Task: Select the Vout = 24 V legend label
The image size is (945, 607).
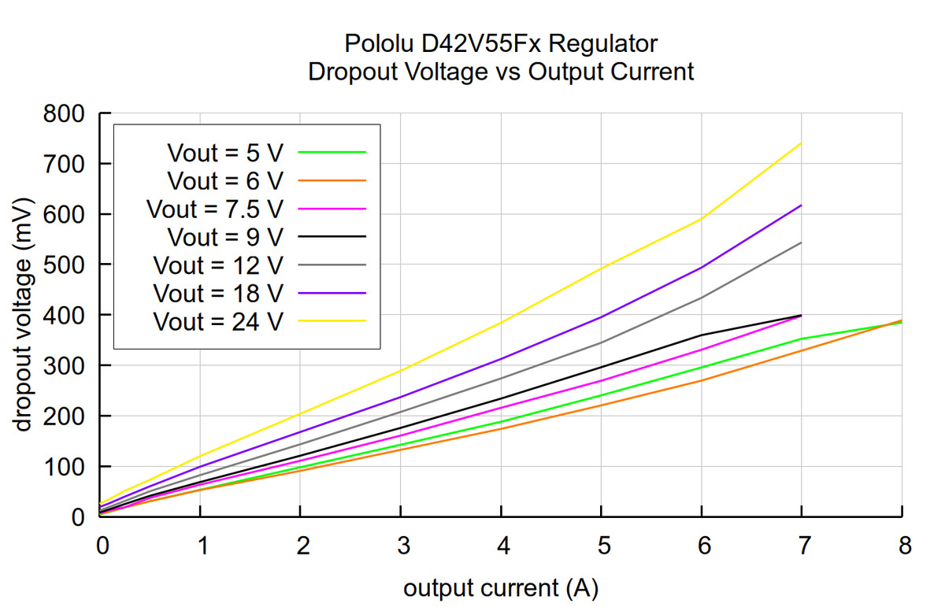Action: tap(217, 321)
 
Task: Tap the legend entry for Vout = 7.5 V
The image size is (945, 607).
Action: tap(214, 209)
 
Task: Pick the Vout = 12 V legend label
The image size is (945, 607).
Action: tap(217, 265)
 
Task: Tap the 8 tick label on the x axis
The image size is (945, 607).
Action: tap(902, 545)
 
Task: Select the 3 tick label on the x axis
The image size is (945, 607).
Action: tap(401, 545)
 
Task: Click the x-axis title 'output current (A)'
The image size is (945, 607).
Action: tap(501, 587)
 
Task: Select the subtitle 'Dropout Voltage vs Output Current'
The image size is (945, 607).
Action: tap(501, 72)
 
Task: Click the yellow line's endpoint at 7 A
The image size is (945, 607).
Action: tap(802, 143)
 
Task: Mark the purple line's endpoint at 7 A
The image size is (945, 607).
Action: tap(802, 205)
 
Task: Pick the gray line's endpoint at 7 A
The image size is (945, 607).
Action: tap(802, 242)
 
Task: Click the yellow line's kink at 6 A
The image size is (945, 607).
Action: tap(702, 219)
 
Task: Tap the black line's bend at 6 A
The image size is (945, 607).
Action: tap(702, 335)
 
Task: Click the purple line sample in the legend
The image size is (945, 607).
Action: tap(333, 293)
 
